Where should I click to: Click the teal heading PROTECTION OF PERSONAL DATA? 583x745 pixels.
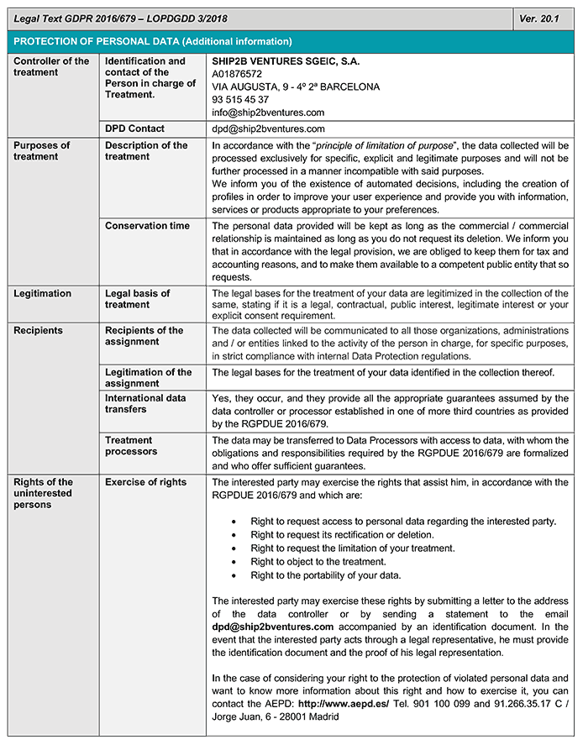tap(153, 41)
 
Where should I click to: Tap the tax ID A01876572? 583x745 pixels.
tap(239, 74)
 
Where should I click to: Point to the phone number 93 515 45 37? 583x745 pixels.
tap(241, 99)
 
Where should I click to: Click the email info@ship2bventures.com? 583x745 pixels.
tap(268, 112)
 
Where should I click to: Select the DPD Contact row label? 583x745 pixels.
tap(134, 129)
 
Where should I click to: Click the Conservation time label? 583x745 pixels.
tap(147, 226)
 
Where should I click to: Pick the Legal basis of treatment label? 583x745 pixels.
tap(138, 299)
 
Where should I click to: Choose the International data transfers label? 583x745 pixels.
tap(145, 403)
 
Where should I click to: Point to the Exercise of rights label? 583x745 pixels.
tap(145, 482)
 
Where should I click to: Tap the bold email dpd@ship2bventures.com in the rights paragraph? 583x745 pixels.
tap(273, 627)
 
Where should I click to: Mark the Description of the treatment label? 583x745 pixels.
tap(146, 151)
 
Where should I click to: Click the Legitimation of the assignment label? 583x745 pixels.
tap(148, 378)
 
